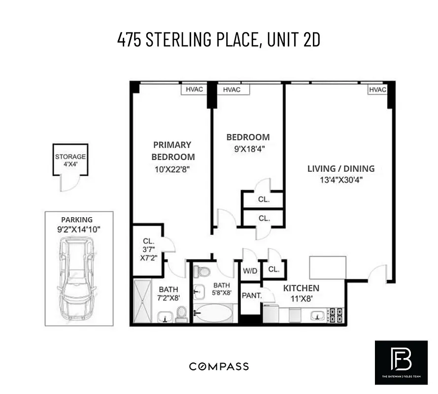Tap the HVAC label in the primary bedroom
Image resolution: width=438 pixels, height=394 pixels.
tap(194, 90)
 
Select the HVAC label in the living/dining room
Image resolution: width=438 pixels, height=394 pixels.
tap(377, 90)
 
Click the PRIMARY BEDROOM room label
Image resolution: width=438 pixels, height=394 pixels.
tap(172, 151)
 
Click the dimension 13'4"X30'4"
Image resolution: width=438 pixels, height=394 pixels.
tap(341, 180)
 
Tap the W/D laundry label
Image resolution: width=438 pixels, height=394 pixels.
tap(250, 270)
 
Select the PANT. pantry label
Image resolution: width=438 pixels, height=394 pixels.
tap(250, 295)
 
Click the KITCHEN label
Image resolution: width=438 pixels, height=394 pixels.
tap(301, 288)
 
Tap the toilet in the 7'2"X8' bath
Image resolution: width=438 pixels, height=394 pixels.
tap(181, 314)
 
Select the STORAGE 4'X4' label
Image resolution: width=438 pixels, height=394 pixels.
tap(70, 160)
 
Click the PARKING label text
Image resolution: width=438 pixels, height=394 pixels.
tap(76, 220)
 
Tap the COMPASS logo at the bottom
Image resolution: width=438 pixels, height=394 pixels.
tap(219, 366)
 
